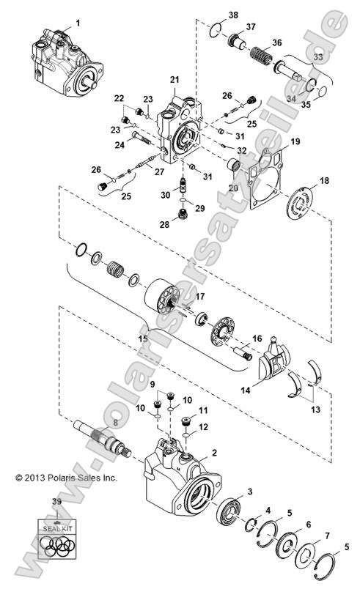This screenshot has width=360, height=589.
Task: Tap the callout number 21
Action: click(x=175, y=78)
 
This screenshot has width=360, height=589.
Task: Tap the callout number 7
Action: click(x=326, y=536)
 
